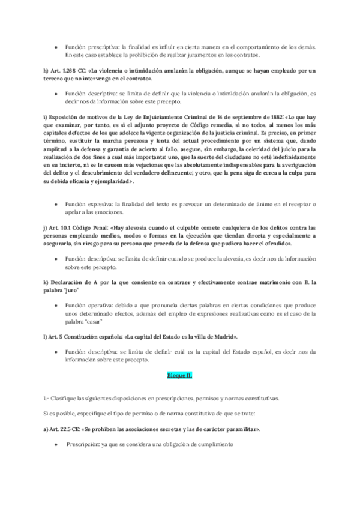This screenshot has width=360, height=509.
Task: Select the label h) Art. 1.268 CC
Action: pyautogui.click(x=65, y=71)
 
